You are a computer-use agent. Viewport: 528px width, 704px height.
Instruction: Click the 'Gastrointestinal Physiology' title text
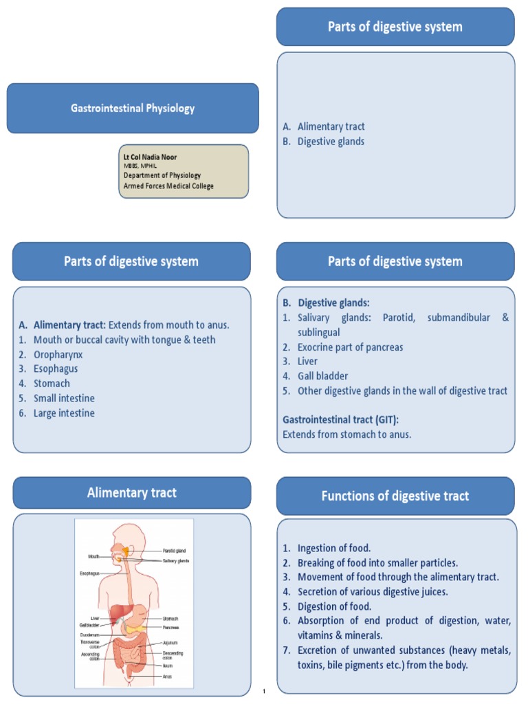pyautogui.click(x=133, y=108)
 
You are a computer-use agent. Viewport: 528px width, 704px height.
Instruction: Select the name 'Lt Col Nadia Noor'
pyautogui.click(x=150, y=157)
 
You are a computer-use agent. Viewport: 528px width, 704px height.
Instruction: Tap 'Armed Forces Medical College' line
pyautogui.click(x=168, y=186)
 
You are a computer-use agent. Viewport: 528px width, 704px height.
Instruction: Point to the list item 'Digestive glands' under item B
pyautogui.click(x=331, y=142)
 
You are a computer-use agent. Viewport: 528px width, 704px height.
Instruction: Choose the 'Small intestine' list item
pyautogui.click(x=64, y=398)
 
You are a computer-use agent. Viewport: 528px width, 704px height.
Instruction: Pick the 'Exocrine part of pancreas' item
pyautogui.click(x=350, y=347)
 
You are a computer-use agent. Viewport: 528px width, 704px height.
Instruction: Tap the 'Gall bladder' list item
pyautogui.click(x=322, y=376)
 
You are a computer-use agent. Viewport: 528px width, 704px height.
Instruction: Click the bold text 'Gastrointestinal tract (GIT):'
pyautogui.click(x=341, y=419)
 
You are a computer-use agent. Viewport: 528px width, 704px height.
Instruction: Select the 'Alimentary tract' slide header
pyautogui.click(x=131, y=493)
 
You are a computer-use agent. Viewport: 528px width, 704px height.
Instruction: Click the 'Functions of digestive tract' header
pyautogui.click(x=395, y=496)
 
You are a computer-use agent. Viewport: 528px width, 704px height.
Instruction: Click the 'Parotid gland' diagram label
pyautogui.click(x=175, y=551)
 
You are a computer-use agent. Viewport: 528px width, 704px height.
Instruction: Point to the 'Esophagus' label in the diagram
pyautogui.click(x=89, y=573)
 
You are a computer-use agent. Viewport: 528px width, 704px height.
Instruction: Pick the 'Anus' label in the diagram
pyautogui.click(x=167, y=676)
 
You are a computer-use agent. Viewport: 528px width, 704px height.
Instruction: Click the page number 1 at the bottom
pyautogui.click(x=264, y=691)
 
